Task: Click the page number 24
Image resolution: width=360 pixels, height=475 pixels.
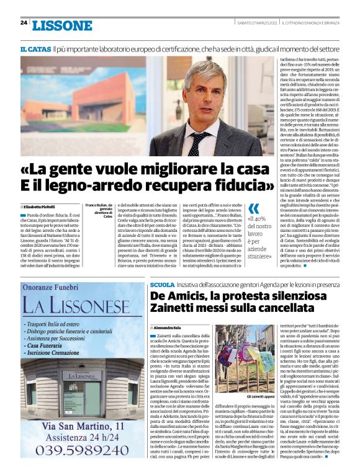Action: pos(24,23)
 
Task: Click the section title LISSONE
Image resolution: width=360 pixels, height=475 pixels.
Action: pos(61,25)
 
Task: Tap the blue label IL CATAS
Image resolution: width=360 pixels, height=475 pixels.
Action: pos(35,48)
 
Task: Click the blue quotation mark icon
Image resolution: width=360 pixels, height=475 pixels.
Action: pos(253,209)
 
